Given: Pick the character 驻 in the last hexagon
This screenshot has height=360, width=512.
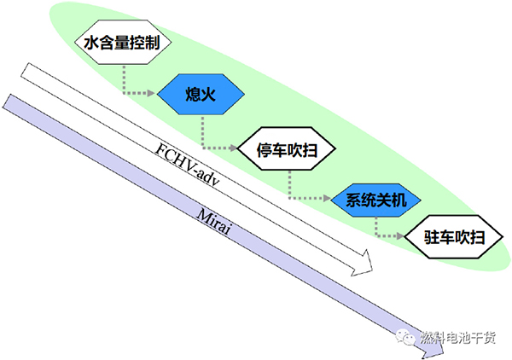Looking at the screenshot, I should pyautogui.click(x=433, y=237).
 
